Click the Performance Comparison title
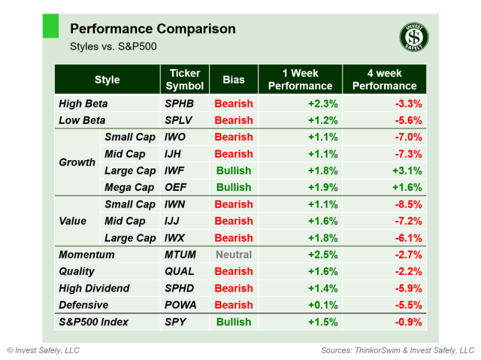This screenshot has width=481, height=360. (x=152, y=29)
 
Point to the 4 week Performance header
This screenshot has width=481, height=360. (x=384, y=80)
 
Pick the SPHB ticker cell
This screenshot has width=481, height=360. (x=180, y=104)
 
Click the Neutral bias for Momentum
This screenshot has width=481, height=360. (x=234, y=255)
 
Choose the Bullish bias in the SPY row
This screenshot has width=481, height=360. (x=234, y=322)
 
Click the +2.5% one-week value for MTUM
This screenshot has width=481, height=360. (x=322, y=255)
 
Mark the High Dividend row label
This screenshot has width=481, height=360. (x=94, y=289)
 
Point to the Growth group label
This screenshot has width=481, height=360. (x=77, y=162)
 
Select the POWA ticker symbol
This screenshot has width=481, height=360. (x=181, y=305)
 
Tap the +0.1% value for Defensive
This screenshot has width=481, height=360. (x=322, y=305)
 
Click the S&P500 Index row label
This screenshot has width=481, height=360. (x=93, y=322)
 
